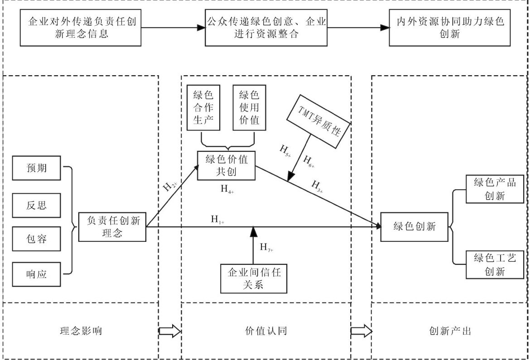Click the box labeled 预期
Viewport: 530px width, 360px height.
37,168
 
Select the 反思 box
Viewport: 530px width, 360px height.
37,205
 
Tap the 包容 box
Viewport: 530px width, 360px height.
37,239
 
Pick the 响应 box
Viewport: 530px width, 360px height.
37,274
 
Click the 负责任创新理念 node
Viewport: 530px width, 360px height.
112,227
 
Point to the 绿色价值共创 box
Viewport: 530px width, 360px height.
226,165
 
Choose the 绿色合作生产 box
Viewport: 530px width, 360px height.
203,107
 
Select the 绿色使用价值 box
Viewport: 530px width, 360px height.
250,107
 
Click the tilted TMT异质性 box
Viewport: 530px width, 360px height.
318,121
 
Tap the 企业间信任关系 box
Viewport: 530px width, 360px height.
254,278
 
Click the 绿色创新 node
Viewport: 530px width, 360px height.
414,227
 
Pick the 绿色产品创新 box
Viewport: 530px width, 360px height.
495,189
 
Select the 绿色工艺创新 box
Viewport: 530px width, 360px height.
495,264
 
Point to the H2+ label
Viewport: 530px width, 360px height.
170,187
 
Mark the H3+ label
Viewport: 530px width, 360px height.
317,187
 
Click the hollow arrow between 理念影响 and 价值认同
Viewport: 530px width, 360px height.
170,331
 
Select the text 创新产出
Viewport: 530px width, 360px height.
450,331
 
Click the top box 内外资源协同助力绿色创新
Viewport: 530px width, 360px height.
449,28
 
